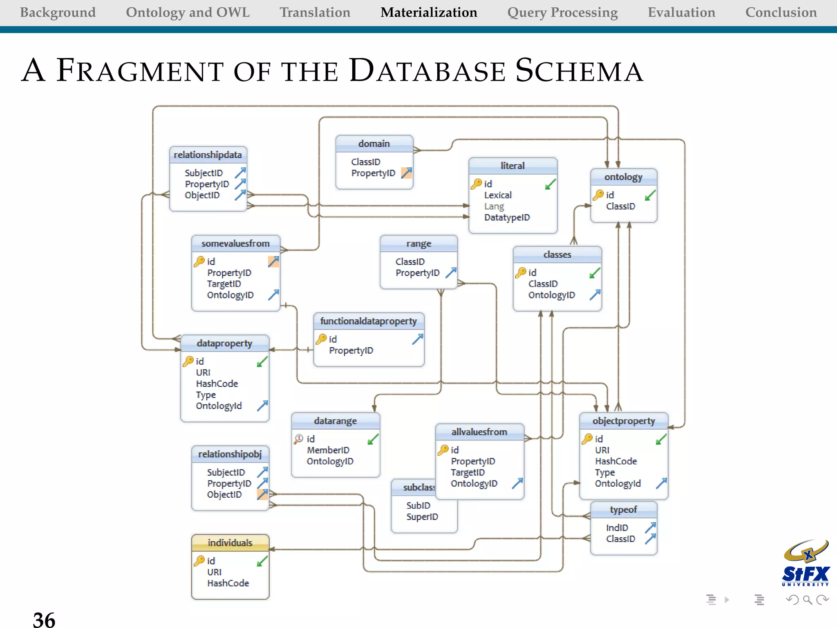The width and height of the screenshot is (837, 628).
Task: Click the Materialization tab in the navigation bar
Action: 429,12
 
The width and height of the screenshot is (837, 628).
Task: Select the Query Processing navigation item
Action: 562,12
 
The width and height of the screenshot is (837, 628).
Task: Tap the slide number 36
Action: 44,619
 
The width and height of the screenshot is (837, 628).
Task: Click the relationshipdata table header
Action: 208,155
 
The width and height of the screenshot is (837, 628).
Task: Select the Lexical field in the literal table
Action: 498,195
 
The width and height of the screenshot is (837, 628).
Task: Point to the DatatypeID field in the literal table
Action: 507,218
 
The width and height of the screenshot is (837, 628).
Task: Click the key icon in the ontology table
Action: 598,195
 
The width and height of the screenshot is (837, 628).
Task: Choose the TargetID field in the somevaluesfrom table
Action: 224,284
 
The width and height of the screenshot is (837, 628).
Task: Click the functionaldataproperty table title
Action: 368,321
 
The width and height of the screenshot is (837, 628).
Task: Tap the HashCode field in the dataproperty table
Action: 217,384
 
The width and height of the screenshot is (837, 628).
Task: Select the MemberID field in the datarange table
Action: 328,450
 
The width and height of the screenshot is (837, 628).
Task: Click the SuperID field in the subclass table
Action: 422,517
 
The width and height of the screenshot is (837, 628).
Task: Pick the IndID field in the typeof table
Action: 617,528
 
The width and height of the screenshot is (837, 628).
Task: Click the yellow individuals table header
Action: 230,543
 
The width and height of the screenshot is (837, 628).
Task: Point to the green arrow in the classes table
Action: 595,273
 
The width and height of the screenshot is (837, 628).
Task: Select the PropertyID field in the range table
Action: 417,273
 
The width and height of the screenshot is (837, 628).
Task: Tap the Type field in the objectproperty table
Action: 605,472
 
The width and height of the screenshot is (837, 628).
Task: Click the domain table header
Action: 374,144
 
